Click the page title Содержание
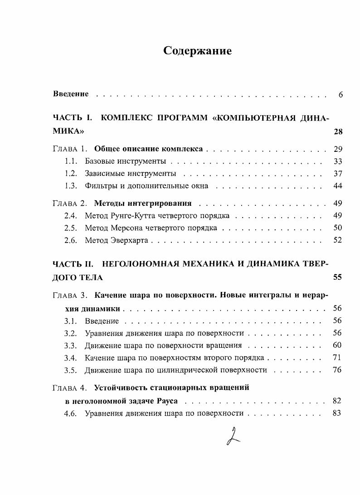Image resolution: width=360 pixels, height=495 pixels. point(197,51)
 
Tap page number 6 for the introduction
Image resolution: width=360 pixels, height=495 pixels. point(340,95)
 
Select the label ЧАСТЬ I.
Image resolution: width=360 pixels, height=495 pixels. point(73,118)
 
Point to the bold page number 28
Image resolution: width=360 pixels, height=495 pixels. point(337,132)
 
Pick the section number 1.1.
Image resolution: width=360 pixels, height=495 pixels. point(72,161)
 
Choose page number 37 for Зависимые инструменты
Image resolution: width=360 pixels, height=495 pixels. point(337,174)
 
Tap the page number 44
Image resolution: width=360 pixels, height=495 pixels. point(337,186)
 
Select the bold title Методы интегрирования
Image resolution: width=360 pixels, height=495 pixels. point(143,203)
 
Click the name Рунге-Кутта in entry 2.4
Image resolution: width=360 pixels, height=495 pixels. point(130,215)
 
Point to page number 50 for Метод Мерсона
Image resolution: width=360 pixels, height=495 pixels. point(337,228)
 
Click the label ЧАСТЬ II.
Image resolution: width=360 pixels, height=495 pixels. point(74,263)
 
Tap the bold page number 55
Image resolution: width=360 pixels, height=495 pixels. point(337,277)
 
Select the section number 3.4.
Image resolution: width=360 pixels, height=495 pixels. point(72,358)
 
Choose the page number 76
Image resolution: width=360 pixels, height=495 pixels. point(337,370)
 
